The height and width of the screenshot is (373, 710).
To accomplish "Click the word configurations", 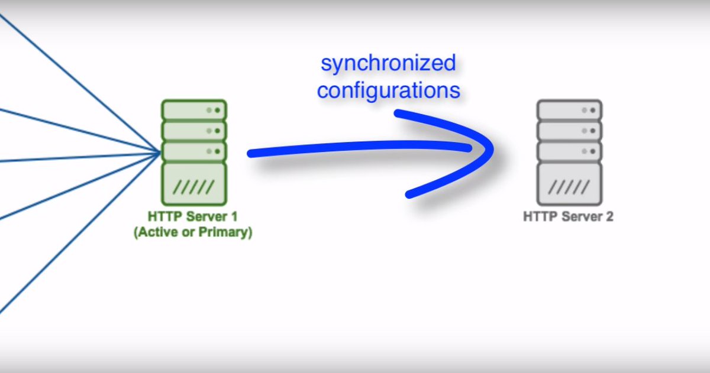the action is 389,91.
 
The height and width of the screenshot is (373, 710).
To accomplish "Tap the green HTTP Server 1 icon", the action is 194,153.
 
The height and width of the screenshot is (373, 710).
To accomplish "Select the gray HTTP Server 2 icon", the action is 569,153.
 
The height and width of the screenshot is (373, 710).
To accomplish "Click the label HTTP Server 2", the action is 568,216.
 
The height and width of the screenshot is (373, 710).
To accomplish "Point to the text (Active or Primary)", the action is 193,232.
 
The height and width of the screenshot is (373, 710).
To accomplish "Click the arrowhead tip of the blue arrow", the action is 491,151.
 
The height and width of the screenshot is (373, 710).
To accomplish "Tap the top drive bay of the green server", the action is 194,110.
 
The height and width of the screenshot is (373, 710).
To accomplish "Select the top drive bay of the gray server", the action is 569,110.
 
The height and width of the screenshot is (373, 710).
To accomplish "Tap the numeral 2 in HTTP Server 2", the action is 609,216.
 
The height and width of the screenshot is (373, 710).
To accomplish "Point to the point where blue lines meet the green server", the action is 160,153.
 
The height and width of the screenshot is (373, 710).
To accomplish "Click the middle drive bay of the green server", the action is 194,130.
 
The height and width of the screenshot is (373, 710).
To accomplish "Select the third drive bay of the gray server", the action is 569,151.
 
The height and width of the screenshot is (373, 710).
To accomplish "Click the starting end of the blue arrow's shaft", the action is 251,154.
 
